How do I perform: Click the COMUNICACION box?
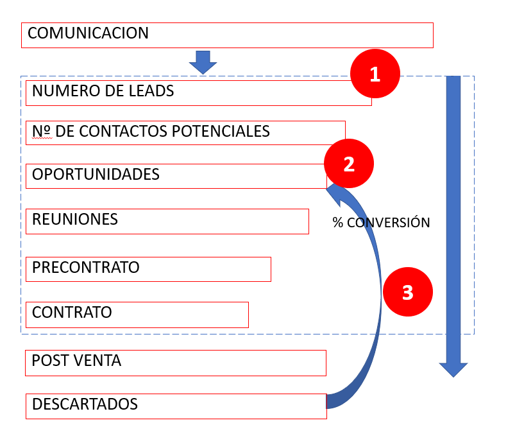[x=227, y=35]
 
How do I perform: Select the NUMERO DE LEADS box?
[x=192, y=92]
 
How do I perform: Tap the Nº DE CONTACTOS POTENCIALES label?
[x=151, y=132]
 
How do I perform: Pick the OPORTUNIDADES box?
[x=176, y=176]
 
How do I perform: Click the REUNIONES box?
[x=167, y=221]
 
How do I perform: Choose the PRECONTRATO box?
[x=148, y=268]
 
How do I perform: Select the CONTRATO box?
[x=137, y=314]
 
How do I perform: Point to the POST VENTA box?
[x=175, y=362]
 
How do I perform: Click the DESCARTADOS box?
[x=176, y=406]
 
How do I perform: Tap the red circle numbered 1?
[x=375, y=74]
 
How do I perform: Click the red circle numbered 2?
[x=348, y=164]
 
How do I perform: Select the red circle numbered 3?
[x=407, y=293]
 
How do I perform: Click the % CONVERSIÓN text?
[x=381, y=223]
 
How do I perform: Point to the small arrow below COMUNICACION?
[x=203, y=62]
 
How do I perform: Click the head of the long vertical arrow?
[x=453, y=369]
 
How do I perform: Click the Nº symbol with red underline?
[x=42, y=132]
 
